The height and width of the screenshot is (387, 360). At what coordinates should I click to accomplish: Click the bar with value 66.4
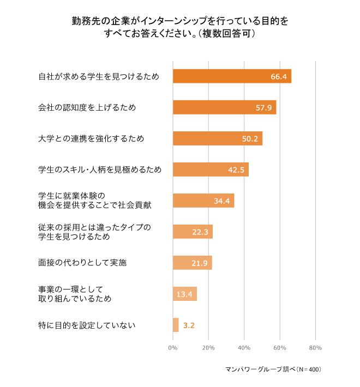click(x=232, y=76)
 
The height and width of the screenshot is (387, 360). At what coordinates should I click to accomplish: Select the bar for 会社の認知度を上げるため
click(x=224, y=107)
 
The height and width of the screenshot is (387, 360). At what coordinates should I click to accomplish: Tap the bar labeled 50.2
click(x=217, y=138)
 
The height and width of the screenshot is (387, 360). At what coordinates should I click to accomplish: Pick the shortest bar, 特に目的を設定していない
click(x=176, y=325)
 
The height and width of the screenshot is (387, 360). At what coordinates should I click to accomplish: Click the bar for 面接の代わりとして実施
click(x=192, y=263)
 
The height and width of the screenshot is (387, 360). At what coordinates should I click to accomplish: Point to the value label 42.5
click(x=236, y=170)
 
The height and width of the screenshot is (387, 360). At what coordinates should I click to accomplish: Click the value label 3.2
click(x=189, y=325)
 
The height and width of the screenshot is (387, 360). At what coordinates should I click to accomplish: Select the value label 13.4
click(x=184, y=294)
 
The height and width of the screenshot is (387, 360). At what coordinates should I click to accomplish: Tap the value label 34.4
click(x=221, y=201)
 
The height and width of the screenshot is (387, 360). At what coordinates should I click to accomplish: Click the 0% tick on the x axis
click(x=173, y=348)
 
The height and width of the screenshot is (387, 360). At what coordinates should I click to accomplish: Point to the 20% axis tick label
click(x=208, y=348)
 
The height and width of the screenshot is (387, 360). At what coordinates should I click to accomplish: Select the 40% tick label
click(x=244, y=348)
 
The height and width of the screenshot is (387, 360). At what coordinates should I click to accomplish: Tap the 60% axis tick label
click(x=279, y=348)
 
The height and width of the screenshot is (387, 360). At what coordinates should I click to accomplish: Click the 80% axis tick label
click(x=315, y=348)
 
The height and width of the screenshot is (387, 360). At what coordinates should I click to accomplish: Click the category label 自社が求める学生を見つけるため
click(x=98, y=77)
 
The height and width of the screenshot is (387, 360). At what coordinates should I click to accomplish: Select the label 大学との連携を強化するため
click(x=91, y=139)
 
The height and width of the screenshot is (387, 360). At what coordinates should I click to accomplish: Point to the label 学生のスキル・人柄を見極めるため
click(x=100, y=170)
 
